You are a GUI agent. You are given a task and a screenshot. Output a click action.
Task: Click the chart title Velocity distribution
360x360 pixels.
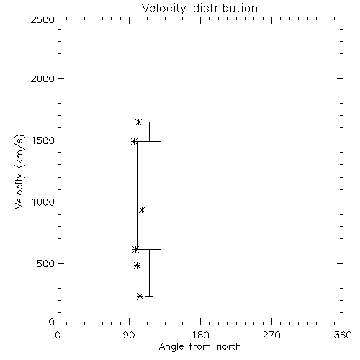tap(199, 9)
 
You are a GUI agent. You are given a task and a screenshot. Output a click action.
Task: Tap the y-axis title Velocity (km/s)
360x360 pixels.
tap(19, 171)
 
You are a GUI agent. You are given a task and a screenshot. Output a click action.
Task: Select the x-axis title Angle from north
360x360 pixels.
tap(199, 347)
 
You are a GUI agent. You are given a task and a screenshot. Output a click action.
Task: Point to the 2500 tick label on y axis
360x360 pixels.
tap(42, 19)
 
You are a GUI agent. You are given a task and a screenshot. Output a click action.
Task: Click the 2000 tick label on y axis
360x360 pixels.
tap(42, 78)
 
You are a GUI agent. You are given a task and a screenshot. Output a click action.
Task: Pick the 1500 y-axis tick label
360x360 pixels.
tap(43, 140)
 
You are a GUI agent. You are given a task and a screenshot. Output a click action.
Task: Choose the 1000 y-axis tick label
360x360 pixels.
tap(43, 202)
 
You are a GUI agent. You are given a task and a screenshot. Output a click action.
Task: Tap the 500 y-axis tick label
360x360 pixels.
tap(46, 264)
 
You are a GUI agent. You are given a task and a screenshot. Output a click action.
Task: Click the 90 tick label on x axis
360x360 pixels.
tap(129, 335)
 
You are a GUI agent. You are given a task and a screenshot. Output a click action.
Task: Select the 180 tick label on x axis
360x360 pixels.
tap(200, 335)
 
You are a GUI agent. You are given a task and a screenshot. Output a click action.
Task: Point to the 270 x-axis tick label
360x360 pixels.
tap(271, 335)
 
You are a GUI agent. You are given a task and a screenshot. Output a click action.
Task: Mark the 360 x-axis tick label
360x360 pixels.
tap(343, 335)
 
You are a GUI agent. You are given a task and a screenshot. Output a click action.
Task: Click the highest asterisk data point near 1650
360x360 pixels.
tap(138, 122)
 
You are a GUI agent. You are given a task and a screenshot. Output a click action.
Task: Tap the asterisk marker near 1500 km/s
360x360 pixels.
tap(134, 141)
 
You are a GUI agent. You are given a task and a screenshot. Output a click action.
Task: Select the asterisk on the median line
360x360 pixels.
tap(143, 210)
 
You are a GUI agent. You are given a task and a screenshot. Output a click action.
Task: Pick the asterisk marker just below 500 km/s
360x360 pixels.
tap(137, 266)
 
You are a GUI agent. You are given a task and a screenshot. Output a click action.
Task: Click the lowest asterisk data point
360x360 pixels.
tap(140, 297)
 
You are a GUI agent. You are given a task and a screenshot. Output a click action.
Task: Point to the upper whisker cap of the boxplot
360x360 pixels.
tap(149, 122)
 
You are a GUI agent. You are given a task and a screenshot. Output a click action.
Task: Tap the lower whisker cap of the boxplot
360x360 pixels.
tap(149, 296)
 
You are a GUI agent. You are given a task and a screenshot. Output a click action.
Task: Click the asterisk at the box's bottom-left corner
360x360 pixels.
tap(135, 250)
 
